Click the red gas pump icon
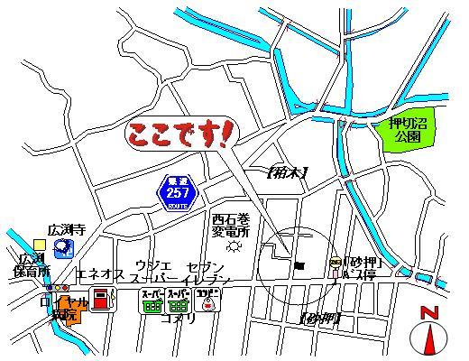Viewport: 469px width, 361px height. (x=104, y=299)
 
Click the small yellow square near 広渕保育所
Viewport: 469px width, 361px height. (x=39, y=244)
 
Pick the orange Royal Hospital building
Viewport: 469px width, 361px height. (x=71, y=311)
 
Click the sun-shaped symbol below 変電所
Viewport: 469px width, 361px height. (x=235, y=245)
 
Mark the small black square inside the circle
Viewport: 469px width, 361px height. (x=299, y=264)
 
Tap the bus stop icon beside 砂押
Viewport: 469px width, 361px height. (x=336, y=263)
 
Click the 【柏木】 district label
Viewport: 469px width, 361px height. (x=289, y=171)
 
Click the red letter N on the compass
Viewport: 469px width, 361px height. (x=428, y=313)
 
